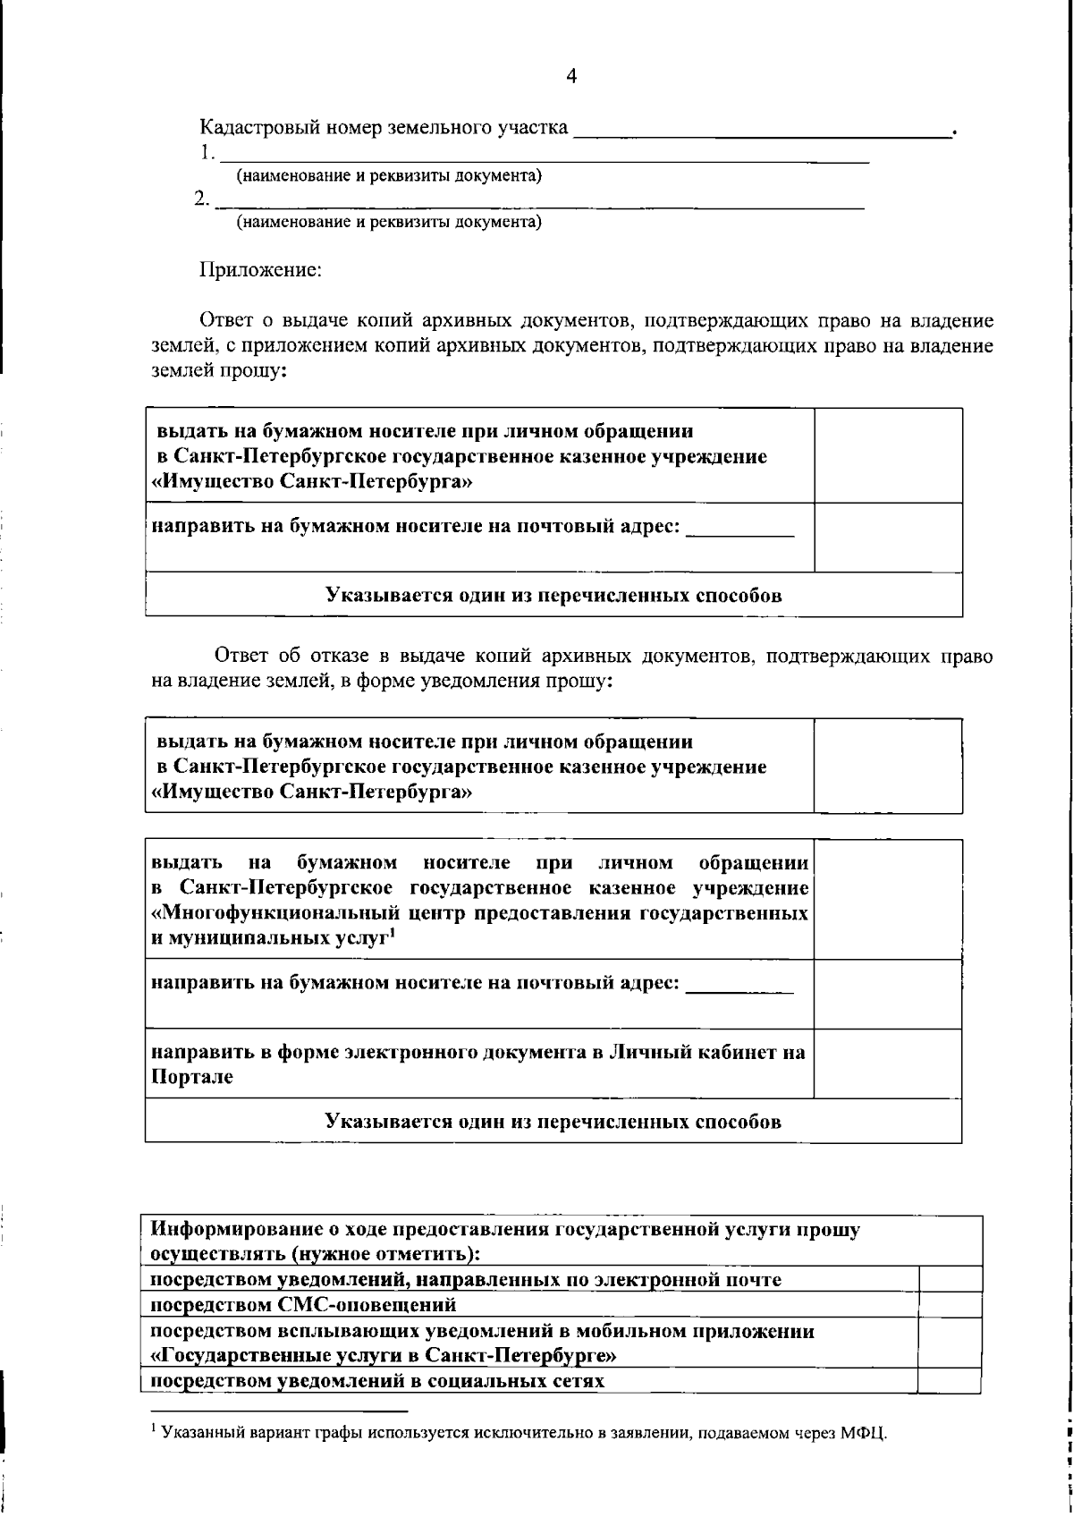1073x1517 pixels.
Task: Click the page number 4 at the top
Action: point(572,77)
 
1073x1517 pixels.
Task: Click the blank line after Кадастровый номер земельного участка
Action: point(762,131)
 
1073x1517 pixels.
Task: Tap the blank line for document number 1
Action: point(542,156)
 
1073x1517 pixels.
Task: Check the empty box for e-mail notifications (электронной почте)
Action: point(950,1279)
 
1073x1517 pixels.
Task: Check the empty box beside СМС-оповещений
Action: point(950,1304)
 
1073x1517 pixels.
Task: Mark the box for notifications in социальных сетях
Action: point(950,1380)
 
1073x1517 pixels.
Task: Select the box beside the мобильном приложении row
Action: point(950,1342)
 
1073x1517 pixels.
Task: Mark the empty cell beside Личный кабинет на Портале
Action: point(887,1064)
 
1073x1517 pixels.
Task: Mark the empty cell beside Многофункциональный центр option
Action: point(887,899)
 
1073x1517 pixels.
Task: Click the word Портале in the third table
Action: point(191,1078)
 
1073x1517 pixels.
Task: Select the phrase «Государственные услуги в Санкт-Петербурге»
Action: point(383,1355)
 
